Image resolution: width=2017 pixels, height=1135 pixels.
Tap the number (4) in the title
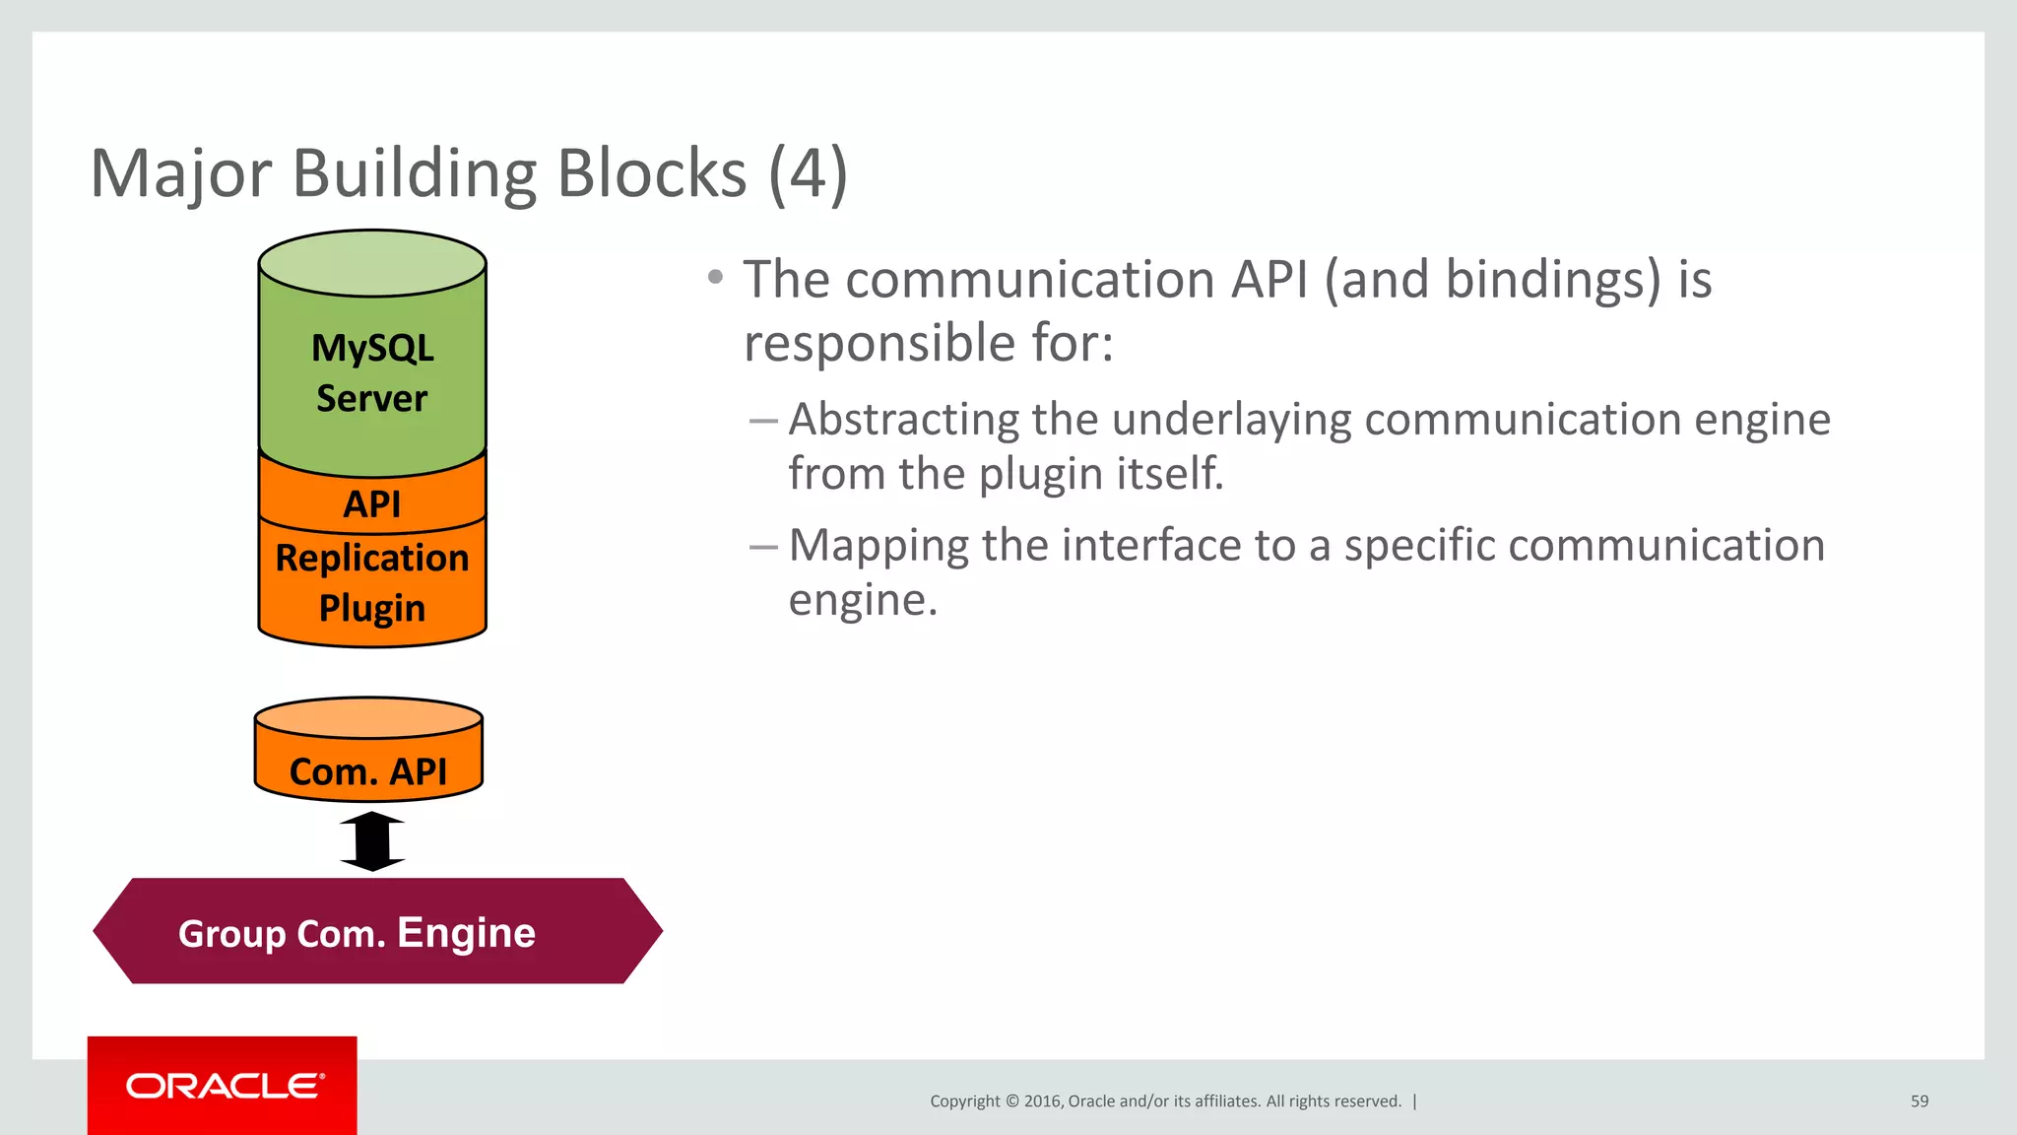tap(807, 174)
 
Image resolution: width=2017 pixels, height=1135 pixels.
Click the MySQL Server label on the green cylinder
tap(372, 372)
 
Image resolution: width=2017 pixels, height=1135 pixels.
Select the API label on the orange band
tap(372, 503)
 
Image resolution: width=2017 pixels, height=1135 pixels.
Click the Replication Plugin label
tap(372, 582)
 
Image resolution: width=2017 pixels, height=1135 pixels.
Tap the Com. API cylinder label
tap(368, 771)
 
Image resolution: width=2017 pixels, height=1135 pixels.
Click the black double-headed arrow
tap(372, 841)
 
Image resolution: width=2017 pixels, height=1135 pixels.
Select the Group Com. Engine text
tap(357, 932)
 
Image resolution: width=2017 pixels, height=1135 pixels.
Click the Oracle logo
tap(224, 1086)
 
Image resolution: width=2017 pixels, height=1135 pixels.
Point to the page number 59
tap(1919, 1102)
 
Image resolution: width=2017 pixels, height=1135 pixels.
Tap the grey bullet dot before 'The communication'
tap(716, 278)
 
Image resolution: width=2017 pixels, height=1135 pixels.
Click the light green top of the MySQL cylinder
tap(372, 262)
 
